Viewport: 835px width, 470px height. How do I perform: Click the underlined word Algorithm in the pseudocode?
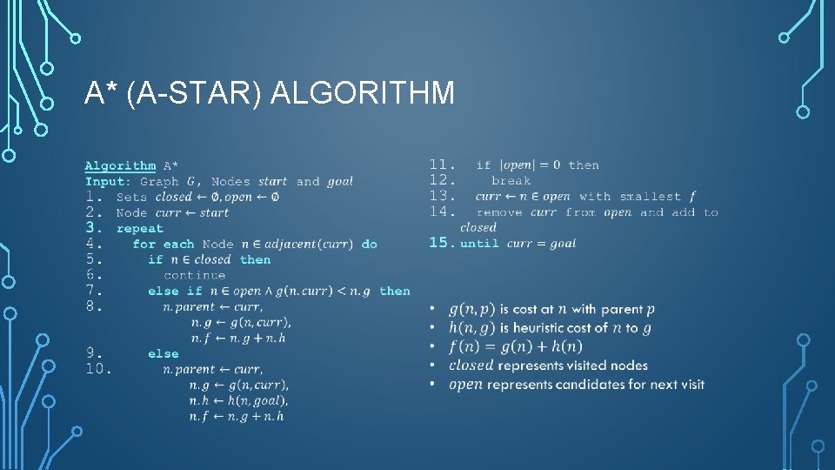tap(120, 165)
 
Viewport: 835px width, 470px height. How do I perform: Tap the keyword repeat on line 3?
tap(139, 228)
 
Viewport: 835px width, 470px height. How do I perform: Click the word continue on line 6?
tap(194, 275)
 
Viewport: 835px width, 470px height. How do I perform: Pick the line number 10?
tap(98, 369)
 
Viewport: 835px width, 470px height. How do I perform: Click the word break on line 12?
tap(511, 181)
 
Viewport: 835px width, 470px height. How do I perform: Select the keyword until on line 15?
tap(479, 244)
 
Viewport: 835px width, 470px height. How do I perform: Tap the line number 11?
tap(443, 164)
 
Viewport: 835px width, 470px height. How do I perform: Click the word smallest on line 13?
tap(650, 197)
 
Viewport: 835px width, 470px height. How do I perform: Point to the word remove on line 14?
tap(499, 212)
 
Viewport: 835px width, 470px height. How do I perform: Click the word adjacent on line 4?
tap(291, 244)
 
